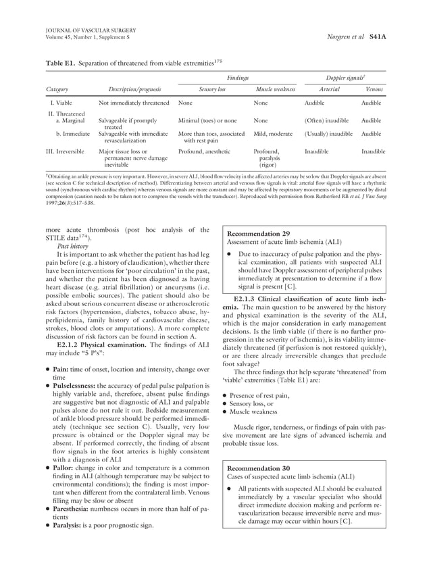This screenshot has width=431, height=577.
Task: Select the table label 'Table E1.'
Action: tap(59, 64)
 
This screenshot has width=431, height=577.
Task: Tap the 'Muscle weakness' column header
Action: tap(273, 89)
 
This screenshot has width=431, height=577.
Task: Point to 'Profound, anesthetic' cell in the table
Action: tap(204, 152)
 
